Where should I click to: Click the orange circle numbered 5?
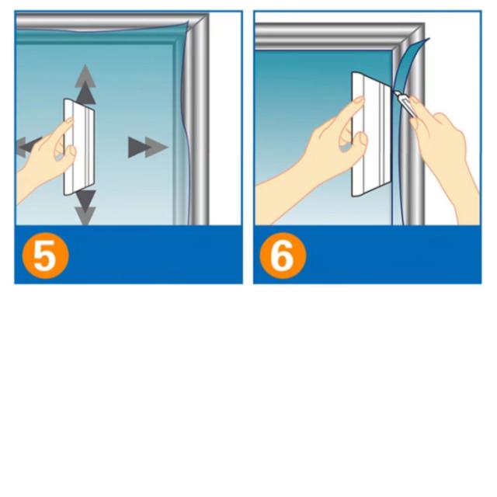click(x=45, y=255)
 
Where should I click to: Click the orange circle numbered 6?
click(x=283, y=255)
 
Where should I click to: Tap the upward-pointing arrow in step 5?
click(x=85, y=85)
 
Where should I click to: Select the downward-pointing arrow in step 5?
click(x=85, y=207)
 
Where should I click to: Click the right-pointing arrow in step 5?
click(x=148, y=148)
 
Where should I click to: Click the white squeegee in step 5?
click(x=79, y=147)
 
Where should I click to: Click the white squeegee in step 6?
click(x=371, y=134)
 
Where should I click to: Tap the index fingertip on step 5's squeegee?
click(x=70, y=120)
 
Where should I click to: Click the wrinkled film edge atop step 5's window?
click(x=102, y=30)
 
